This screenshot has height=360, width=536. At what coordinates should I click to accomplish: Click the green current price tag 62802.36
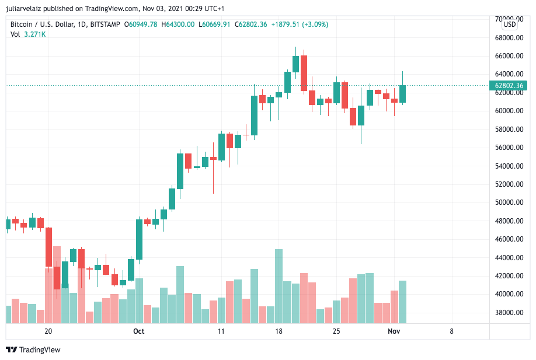pyautogui.click(x=510, y=86)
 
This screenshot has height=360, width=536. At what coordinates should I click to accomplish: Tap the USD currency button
pyautogui.click(x=510, y=25)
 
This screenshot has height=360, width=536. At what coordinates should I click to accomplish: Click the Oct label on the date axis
pyautogui.click(x=138, y=331)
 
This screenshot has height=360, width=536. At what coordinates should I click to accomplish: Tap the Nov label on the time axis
pyautogui.click(x=394, y=331)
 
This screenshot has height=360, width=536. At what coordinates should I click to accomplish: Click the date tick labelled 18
pyautogui.click(x=279, y=331)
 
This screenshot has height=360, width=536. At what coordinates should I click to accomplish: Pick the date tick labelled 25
pyautogui.click(x=336, y=331)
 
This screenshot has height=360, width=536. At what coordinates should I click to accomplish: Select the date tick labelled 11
pyautogui.click(x=221, y=331)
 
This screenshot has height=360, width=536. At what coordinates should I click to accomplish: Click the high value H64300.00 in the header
pyautogui.click(x=178, y=25)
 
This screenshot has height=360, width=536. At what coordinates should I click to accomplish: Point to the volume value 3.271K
pyautogui.click(x=35, y=34)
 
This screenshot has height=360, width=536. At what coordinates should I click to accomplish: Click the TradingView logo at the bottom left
pyautogui.click(x=33, y=349)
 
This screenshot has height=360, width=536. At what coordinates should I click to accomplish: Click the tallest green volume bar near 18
pyautogui.click(x=279, y=286)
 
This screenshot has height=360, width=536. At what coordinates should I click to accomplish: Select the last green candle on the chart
pyautogui.click(x=403, y=94)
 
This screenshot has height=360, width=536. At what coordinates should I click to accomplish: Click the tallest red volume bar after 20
pyautogui.click(x=57, y=284)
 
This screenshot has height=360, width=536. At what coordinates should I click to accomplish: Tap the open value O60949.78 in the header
pyautogui.click(x=141, y=25)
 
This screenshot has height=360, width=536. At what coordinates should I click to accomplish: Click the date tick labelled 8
pyautogui.click(x=451, y=331)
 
